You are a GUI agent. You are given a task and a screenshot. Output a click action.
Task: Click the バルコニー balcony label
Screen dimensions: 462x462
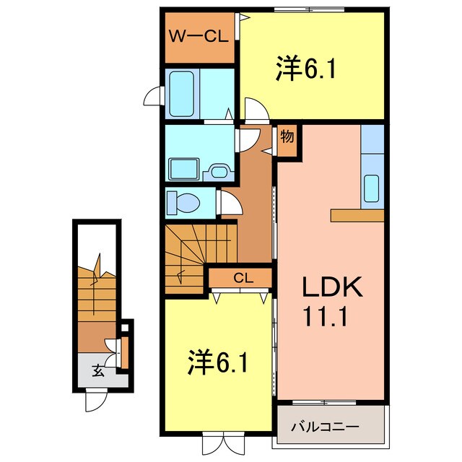(x=325, y=427)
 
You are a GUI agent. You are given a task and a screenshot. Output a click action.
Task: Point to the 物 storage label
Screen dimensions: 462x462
(x=287, y=137)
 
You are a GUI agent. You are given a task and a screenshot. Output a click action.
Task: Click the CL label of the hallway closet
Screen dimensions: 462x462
(x=242, y=277)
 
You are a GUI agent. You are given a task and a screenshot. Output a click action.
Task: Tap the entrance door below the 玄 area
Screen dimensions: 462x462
(x=97, y=399)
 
